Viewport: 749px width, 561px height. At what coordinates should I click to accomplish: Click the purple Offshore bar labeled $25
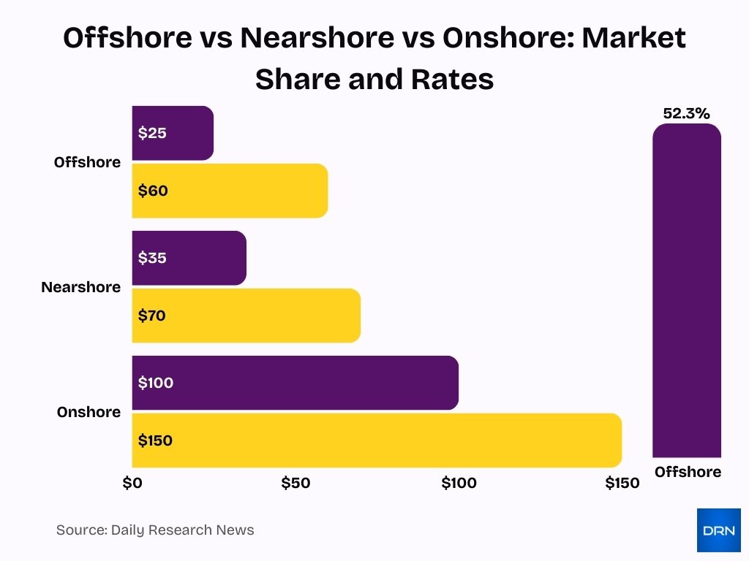coord(173,133)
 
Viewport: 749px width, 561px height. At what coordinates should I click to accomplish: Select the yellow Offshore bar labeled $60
coord(230,191)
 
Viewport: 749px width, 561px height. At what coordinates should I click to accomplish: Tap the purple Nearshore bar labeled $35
coord(189,258)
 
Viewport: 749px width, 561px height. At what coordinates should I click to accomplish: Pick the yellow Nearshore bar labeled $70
coord(246,316)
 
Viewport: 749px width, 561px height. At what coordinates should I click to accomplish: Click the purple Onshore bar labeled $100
coord(295,383)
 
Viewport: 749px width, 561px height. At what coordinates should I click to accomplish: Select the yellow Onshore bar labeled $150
coord(377,440)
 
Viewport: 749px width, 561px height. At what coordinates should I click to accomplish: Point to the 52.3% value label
coord(686,114)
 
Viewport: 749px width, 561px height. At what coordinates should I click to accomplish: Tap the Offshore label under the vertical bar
coord(688,472)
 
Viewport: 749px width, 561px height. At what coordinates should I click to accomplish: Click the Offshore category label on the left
coord(87,162)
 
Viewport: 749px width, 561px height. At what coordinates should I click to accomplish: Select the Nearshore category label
coord(80,287)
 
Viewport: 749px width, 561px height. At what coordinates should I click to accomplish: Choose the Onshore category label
coord(89,412)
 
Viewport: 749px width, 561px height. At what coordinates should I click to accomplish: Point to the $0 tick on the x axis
coord(132,483)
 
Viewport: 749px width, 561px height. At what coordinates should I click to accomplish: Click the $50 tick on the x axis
coord(296,483)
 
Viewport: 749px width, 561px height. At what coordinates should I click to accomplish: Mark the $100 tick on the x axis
coord(459,483)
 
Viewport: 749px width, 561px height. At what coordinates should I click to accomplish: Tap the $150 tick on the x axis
coord(622,483)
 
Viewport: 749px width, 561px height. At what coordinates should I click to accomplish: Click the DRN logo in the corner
coord(718,530)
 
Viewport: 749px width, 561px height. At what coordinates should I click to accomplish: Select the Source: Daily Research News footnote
coord(155,530)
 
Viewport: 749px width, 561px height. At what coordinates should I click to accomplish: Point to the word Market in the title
coord(633,38)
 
